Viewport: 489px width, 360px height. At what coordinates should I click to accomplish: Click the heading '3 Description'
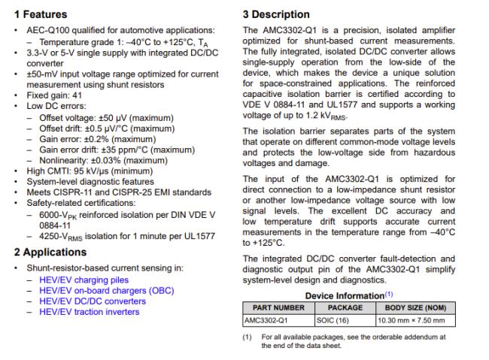click(x=276, y=14)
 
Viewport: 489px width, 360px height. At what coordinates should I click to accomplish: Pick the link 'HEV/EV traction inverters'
click(x=89, y=312)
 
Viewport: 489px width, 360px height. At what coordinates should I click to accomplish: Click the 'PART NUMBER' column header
click(x=278, y=307)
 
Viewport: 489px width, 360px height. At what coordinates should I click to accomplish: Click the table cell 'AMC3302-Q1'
click(x=265, y=319)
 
